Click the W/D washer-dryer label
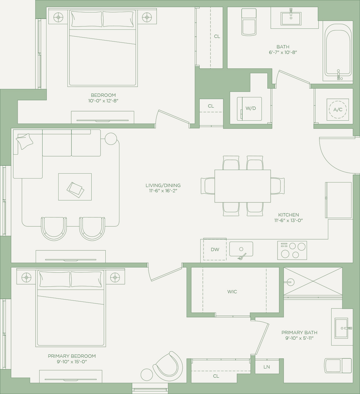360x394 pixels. [250, 108]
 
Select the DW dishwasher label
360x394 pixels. [215, 249]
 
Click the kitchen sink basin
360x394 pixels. [241, 249]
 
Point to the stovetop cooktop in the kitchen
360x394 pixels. [292, 250]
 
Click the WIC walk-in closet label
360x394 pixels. [232, 292]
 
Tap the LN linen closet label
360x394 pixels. [267, 367]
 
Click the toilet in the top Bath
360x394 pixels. [249, 22]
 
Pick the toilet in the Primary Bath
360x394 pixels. [338, 366]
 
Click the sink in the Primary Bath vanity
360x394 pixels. [342, 328]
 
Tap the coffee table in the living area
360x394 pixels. [75, 187]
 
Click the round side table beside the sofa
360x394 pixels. [111, 139]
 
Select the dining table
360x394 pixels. [243, 186]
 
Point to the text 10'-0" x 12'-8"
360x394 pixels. [103, 101]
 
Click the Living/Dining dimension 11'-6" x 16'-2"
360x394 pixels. [163, 191]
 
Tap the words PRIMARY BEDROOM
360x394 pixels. [72, 356]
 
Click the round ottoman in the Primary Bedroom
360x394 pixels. [147, 375]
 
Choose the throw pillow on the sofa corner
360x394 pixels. [24, 142]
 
